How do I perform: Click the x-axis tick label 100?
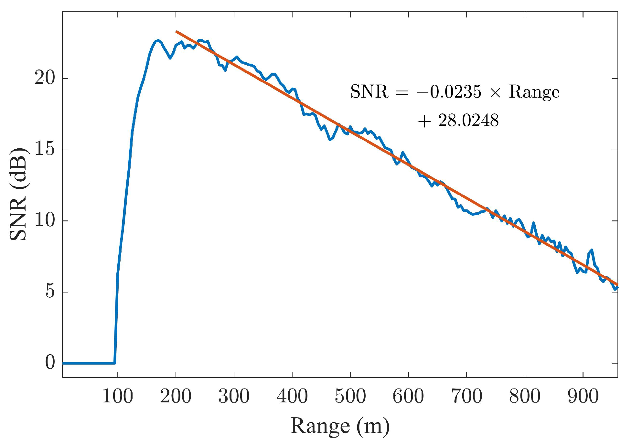(118, 396)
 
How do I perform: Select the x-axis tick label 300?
(234, 396)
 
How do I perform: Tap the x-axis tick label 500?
(350, 396)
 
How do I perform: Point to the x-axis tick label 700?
(466, 396)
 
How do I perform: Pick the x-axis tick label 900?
(583, 396)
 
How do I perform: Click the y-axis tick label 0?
(50, 362)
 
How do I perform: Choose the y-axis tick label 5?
(50, 291)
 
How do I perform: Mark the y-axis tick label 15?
(45, 149)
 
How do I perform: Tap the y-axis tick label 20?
(45, 78)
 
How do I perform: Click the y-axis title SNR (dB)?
(18, 194)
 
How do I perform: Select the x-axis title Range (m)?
(340, 426)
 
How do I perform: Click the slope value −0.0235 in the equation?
(449, 92)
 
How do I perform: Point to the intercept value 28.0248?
(468, 121)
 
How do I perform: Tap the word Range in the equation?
(534, 92)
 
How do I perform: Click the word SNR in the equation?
(369, 92)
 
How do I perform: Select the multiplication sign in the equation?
(495, 93)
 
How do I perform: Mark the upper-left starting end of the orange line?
(177, 32)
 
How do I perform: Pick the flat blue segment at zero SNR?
(88, 363)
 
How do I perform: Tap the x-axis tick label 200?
(176, 396)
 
